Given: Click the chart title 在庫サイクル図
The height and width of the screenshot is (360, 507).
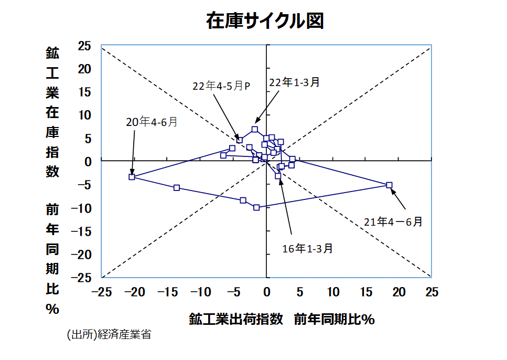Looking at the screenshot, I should pyautogui.click(x=265, y=20).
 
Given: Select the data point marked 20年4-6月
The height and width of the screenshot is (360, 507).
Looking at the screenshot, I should pyautogui.click(x=132, y=177).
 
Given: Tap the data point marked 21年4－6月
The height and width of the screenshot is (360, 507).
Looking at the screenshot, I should pyautogui.click(x=389, y=185).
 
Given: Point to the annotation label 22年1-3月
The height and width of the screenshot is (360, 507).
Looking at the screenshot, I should pyautogui.click(x=294, y=82).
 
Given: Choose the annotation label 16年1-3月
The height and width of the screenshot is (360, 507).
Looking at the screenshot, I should pyautogui.click(x=307, y=248).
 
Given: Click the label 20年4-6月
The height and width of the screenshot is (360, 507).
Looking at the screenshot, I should pyautogui.click(x=152, y=122).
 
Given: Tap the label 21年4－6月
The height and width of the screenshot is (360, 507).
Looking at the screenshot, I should pyautogui.click(x=393, y=221).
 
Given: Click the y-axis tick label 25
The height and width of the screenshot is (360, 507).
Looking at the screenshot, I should pyautogui.click(x=84, y=46).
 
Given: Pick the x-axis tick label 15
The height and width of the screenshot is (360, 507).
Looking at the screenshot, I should pyautogui.click(x=366, y=292).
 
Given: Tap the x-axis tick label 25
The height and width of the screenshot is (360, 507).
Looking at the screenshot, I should pyautogui.click(x=432, y=292).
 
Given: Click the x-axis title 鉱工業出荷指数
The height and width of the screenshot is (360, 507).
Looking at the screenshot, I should pyautogui.click(x=236, y=319).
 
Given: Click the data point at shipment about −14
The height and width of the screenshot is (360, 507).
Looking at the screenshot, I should pyautogui.click(x=177, y=187).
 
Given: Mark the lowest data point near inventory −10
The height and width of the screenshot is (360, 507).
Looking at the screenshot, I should pyautogui.click(x=256, y=207).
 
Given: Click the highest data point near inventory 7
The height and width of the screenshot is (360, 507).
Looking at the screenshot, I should pyautogui.click(x=255, y=129).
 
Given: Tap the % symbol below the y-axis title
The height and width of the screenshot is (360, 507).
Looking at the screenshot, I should pyautogui.click(x=52, y=309).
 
